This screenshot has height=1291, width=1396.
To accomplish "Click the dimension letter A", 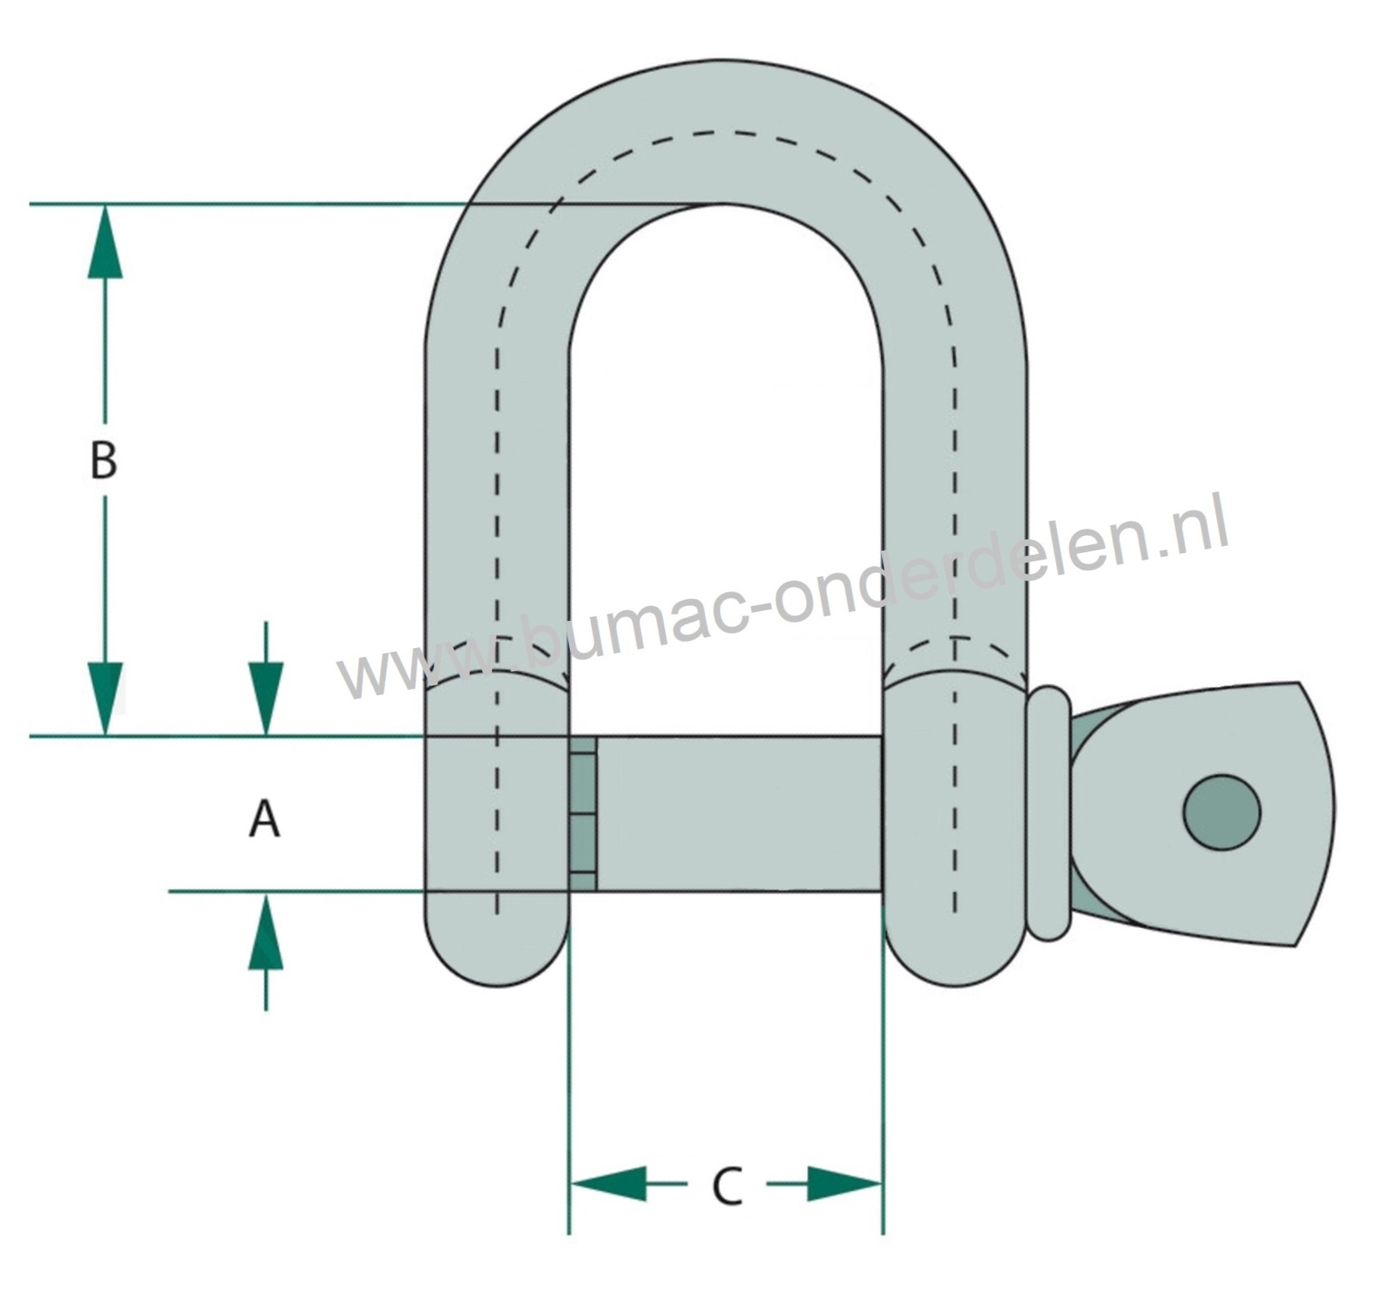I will (264, 820).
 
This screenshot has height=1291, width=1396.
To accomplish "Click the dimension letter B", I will (104, 460).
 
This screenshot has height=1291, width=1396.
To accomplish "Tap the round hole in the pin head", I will (1222, 812).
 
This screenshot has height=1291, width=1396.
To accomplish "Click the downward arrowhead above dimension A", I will (266, 699).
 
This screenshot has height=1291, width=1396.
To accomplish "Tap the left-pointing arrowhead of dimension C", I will (608, 1183).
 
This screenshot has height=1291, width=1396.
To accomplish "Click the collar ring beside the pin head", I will (1049, 813).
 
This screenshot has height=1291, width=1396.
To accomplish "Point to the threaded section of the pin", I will (583, 813).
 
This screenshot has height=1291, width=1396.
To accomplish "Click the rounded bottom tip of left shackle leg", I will (497, 964).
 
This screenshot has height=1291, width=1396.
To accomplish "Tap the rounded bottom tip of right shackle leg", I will (955, 964).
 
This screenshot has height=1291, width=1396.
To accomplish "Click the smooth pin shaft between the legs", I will (740, 813).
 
